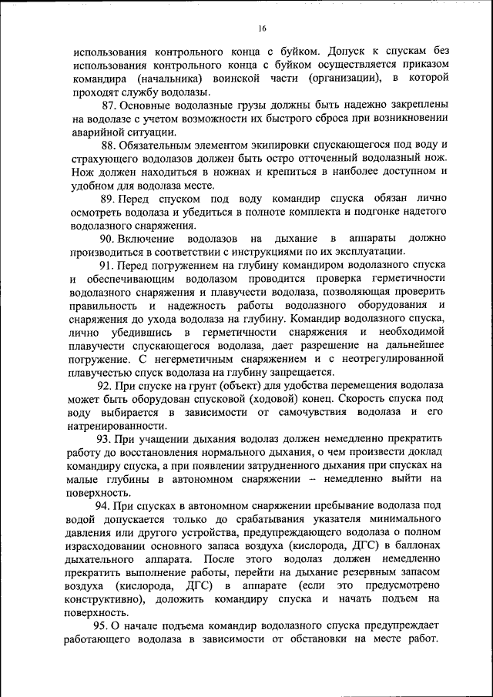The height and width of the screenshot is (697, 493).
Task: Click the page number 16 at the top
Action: coord(262,28)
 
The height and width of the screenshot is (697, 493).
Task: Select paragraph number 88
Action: coord(111,145)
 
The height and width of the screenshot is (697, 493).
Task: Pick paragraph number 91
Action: coord(110,266)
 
